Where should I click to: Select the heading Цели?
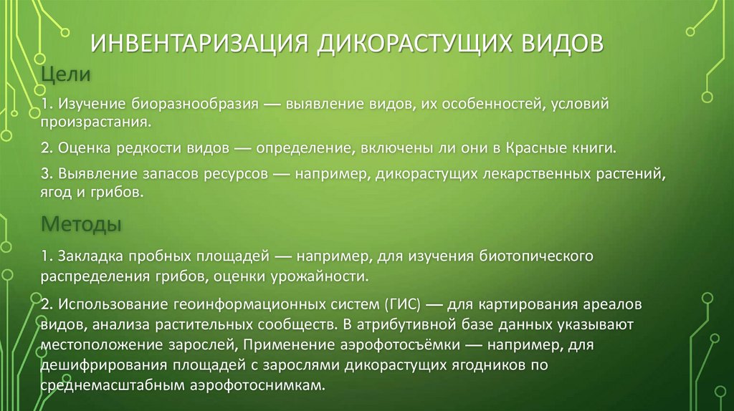pyautogui.click(x=64, y=73)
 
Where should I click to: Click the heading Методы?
pyautogui.click(x=81, y=224)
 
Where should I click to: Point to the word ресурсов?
pyautogui.click(x=236, y=175)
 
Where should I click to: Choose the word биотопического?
pyautogui.click(x=531, y=256)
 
